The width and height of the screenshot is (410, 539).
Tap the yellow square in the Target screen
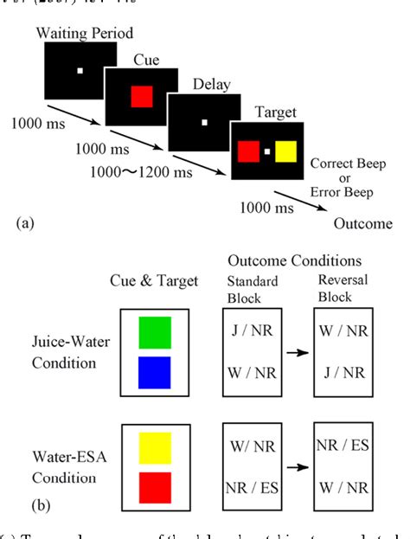pyautogui.click(x=285, y=154)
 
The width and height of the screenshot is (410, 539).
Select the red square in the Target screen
pyautogui.click(x=247, y=154)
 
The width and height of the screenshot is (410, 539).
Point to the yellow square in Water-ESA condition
pyautogui.click(x=154, y=448)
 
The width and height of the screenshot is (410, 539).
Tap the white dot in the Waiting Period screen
pyautogui.click(x=79, y=70)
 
